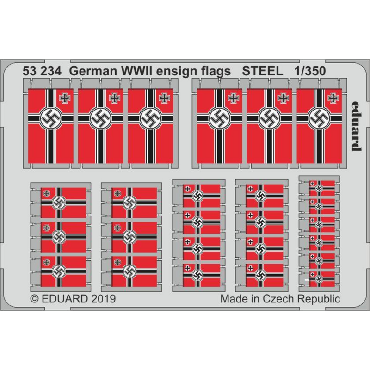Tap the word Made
coord(234,299)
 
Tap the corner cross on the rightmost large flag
coord(332,98)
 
